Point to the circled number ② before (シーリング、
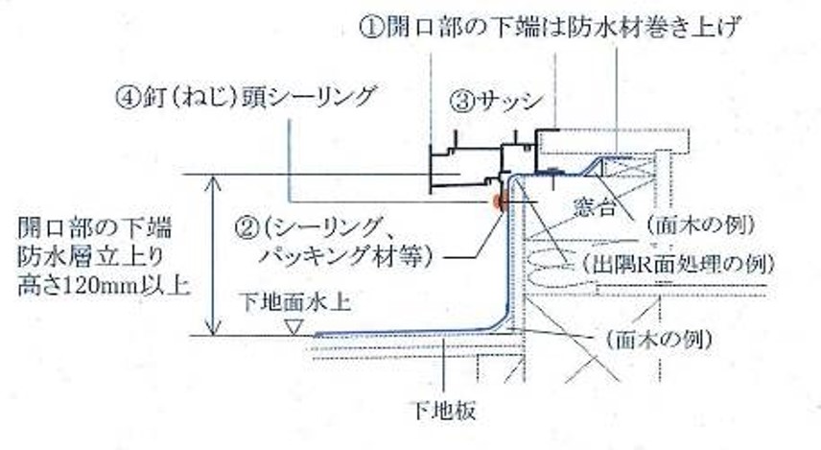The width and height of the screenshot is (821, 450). tap(246, 228)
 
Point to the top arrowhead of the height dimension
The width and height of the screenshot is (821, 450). tap(207, 180)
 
